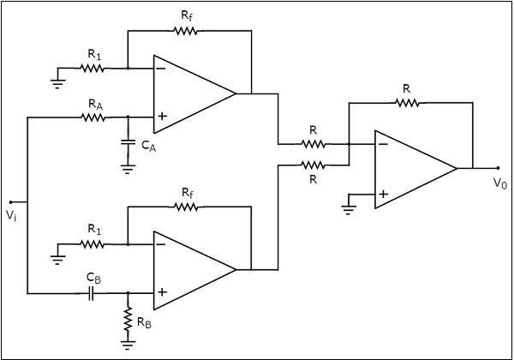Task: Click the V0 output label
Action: click(499, 183)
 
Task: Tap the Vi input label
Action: click(11, 216)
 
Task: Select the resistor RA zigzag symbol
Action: click(94, 117)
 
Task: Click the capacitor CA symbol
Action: click(128, 140)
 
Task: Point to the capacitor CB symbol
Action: click(93, 293)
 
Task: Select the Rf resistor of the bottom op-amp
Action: click(186, 207)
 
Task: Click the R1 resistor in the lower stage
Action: click(94, 243)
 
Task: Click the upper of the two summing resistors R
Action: click(314, 143)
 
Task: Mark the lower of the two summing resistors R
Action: click(314, 164)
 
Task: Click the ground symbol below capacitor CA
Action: click(128, 169)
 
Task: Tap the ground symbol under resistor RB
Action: click(128, 345)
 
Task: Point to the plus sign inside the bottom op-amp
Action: click(161, 293)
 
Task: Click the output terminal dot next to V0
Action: click(498, 168)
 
